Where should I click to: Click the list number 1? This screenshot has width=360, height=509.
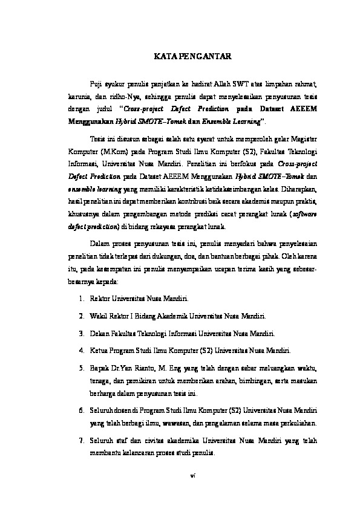(81, 299)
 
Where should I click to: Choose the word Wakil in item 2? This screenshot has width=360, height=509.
(99, 316)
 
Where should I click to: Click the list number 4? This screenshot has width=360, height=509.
(81, 350)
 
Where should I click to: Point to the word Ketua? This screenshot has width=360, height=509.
(99, 350)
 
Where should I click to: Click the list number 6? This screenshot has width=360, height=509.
(81, 410)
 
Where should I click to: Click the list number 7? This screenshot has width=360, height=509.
(81, 439)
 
